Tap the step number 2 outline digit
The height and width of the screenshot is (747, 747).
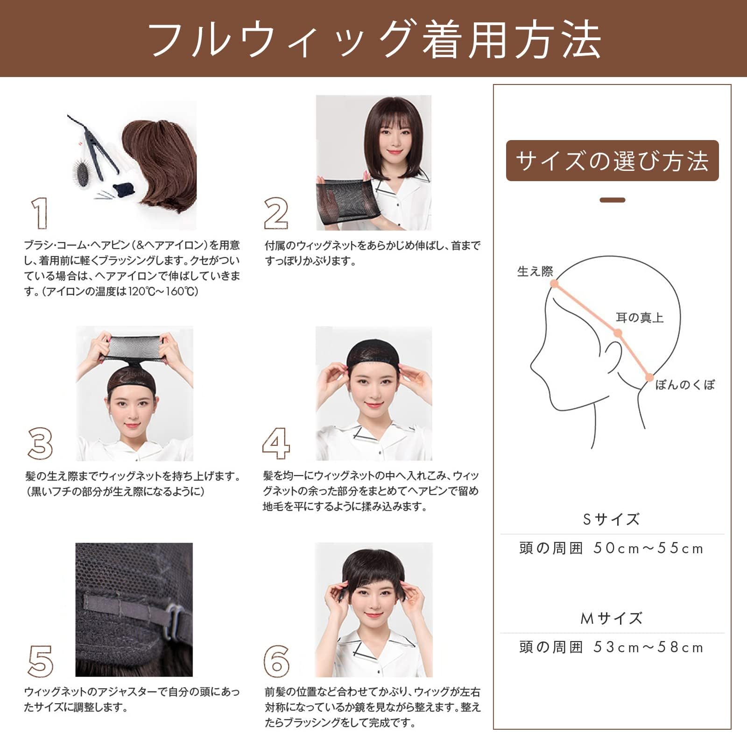(276, 213)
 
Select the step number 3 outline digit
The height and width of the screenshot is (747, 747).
(40, 443)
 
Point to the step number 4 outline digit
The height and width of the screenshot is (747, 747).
(276, 443)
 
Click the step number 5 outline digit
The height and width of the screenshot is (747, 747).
(41, 660)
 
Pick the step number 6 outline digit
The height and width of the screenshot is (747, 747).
(276, 661)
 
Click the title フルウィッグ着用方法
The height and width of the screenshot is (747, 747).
(373, 40)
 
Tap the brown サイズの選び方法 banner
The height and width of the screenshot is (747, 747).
(612, 161)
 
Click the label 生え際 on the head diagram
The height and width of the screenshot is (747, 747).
(535, 271)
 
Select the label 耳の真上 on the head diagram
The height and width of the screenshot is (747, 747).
(639, 318)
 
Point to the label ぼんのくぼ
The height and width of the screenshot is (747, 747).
(685, 385)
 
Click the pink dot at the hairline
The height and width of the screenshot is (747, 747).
(554, 283)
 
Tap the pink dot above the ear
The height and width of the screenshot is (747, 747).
(618, 333)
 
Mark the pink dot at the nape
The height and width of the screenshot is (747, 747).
(648, 377)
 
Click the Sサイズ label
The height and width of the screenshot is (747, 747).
(611, 519)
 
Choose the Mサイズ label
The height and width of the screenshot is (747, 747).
(611, 619)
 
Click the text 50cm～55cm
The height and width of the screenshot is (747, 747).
(648, 548)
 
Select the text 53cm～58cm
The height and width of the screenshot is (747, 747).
(648, 647)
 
